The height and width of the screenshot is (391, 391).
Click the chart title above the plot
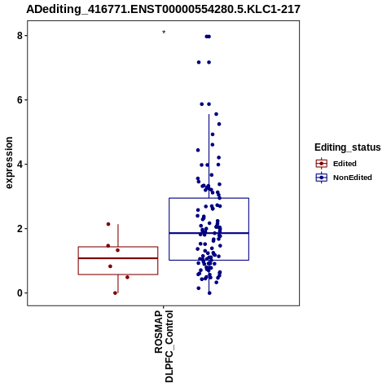click(x=163, y=9)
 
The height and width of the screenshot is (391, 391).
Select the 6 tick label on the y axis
click(x=20, y=100)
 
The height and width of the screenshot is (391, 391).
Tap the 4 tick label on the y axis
click(x=20, y=165)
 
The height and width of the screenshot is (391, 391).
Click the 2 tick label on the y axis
click(x=20, y=229)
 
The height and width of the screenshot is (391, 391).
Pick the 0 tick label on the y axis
click(x=20, y=293)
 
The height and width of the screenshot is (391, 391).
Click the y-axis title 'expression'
click(x=9, y=163)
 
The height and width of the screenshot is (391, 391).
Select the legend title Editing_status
click(x=348, y=147)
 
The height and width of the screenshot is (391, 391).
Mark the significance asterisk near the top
click(x=164, y=33)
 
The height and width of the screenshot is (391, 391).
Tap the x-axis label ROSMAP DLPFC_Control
click(x=164, y=346)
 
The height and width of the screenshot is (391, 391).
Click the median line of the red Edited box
click(x=118, y=258)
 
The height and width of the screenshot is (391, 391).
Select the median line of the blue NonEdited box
click(x=209, y=233)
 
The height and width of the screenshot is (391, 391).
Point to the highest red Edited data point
click(x=108, y=224)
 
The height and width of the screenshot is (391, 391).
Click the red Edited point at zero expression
click(x=115, y=293)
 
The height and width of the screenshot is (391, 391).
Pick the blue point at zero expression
click(x=209, y=293)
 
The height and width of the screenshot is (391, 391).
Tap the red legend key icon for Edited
click(x=322, y=164)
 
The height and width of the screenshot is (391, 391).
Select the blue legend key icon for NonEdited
click(x=322, y=178)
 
